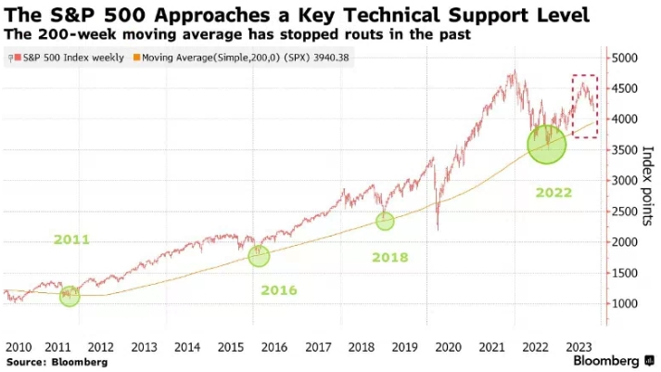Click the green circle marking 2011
point(70,296)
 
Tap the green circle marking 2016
point(259,256)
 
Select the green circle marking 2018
point(385,221)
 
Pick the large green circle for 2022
point(546,145)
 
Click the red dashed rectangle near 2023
point(584,106)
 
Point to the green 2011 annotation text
point(70,239)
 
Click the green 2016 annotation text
point(278,290)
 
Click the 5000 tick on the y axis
point(625,58)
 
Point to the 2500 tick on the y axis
point(625,212)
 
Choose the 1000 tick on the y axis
point(625,303)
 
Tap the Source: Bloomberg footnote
point(55,361)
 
